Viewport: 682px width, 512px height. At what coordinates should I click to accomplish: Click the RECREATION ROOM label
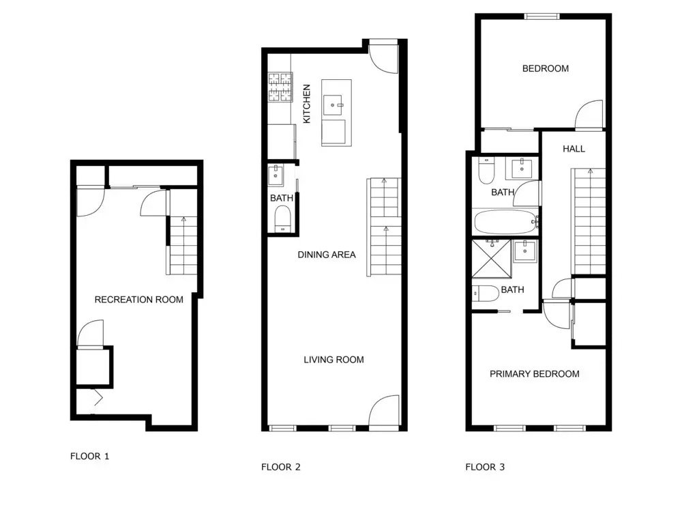[138, 300]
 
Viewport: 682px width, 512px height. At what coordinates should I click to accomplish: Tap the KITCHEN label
[307, 104]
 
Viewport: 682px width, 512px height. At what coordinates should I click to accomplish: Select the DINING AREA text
[327, 255]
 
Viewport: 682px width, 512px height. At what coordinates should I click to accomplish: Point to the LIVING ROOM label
[333, 360]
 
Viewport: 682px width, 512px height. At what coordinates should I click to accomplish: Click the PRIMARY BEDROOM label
[535, 374]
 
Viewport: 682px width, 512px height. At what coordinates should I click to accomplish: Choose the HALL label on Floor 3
[574, 149]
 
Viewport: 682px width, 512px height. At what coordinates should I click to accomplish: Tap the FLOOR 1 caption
[89, 456]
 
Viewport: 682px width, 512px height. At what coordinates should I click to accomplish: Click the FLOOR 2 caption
[280, 467]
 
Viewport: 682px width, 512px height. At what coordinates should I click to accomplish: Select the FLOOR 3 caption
[485, 467]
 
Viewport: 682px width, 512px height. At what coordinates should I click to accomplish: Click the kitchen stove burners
[280, 87]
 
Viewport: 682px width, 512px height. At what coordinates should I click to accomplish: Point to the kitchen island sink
[333, 105]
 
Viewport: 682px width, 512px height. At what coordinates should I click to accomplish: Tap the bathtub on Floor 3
[505, 222]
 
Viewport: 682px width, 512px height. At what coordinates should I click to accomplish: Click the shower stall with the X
[492, 259]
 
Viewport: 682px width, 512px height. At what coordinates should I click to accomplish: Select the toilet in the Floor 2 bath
[283, 219]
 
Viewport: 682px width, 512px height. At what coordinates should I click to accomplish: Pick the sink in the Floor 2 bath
[276, 175]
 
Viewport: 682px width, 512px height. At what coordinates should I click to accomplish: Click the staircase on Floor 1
[183, 246]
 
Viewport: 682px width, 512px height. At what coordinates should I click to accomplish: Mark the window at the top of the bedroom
[542, 16]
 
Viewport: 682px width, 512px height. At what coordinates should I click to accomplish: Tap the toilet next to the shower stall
[486, 294]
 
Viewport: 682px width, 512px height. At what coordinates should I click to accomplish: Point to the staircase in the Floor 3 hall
[588, 222]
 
